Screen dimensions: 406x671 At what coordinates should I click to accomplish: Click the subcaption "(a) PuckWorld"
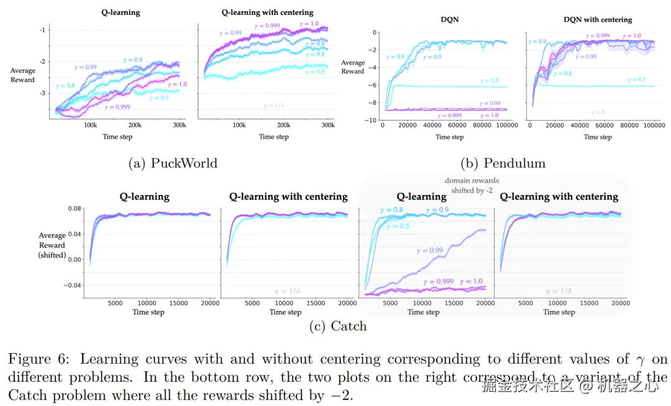tap(173, 163)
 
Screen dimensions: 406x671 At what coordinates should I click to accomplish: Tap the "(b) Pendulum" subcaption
tap(503, 163)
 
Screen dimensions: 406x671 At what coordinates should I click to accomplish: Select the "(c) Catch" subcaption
tap(338, 326)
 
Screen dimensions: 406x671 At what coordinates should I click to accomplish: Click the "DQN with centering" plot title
tap(598, 19)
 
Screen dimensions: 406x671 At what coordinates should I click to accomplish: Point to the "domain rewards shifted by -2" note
tap(472, 185)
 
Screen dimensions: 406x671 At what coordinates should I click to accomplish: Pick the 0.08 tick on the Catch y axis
tap(75, 208)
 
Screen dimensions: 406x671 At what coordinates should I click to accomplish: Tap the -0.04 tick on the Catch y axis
tap(73, 285)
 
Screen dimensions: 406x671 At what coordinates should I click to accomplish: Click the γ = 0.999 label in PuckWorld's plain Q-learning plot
tap(118, 107)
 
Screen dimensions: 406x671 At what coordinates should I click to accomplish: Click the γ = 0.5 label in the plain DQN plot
tap(490, 81)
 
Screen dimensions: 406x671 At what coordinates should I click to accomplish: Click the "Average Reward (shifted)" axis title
tap(52, 245)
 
